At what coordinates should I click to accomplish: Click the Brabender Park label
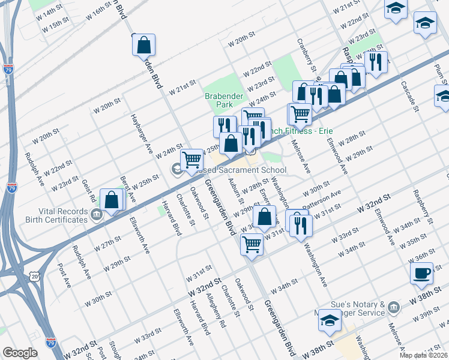pos(218,100)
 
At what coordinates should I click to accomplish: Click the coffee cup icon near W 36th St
pos(421,273)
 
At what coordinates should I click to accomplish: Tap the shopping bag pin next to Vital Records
pos(112,200)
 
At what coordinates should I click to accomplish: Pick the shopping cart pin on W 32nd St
pos(252,244)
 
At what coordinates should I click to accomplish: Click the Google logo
pos(20,353)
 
